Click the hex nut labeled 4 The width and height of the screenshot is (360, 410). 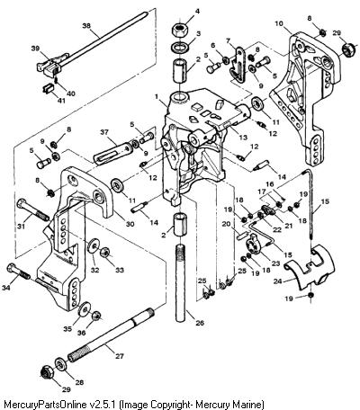(179, 31)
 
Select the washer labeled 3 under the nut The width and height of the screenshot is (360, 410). (179, 47)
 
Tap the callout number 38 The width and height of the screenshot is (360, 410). (86, 26)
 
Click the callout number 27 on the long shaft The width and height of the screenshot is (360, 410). (120, 356)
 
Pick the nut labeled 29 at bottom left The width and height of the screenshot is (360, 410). (47, 372)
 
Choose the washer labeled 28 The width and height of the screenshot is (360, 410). (61, 365)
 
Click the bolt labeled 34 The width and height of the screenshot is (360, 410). (19, 272)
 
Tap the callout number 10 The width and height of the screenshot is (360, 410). (279, 23)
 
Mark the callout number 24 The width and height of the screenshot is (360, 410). (278, 281)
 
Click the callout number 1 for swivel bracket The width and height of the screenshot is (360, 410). (157, 96)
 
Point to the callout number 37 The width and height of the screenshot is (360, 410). (103, 132)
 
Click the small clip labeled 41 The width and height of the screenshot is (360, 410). (49, 88)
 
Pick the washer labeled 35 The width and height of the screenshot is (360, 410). (85, 309)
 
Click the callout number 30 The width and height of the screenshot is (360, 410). (130, 224)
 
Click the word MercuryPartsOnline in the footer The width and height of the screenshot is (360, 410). (43, 404)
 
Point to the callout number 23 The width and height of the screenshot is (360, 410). (275, 263)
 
